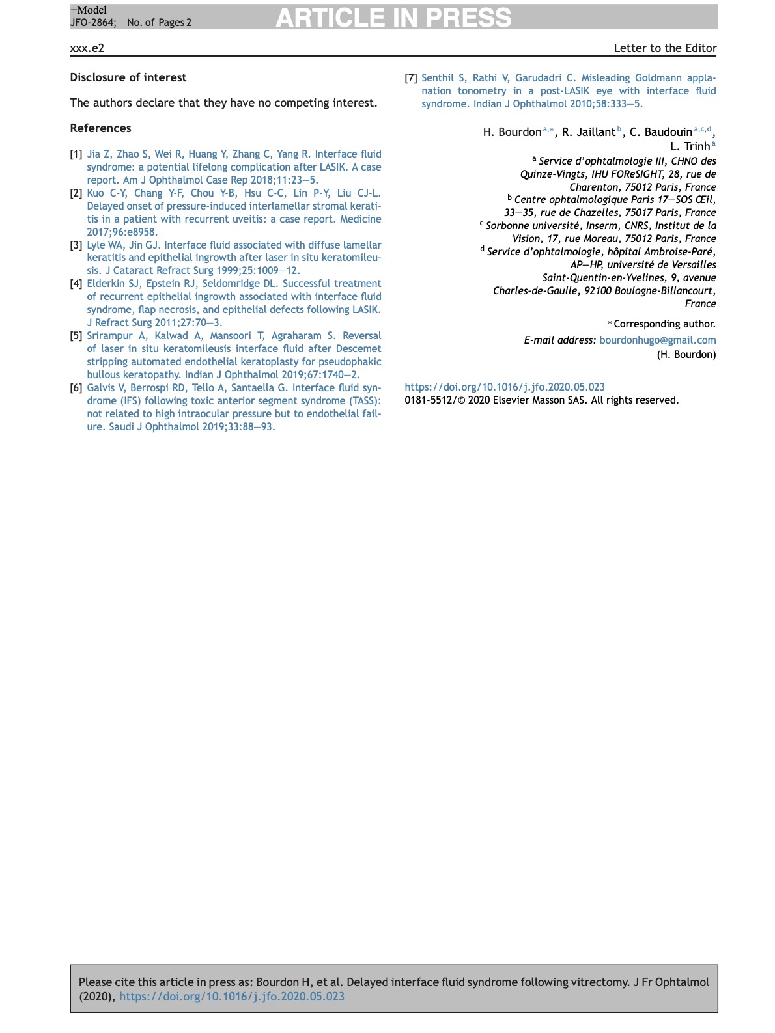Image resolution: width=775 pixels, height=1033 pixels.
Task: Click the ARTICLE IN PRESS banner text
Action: point(393,18)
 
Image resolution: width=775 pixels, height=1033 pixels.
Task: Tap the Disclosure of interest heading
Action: point(128,77)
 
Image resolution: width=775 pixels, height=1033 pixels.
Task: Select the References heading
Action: point(100,128)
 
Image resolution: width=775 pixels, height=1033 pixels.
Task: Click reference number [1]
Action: point(76,154)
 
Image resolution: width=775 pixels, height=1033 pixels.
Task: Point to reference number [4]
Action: point(76,284)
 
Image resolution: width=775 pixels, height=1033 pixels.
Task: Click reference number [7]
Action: point(410,78)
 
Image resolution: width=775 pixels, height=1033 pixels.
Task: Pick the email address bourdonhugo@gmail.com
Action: point(657,340)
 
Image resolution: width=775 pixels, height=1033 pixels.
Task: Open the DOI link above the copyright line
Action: point(505,387)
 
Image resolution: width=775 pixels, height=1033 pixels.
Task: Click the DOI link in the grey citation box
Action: point(232,997)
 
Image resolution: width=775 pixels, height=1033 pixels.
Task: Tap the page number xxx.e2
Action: point(87,48)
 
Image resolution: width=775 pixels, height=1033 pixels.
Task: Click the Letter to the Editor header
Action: point(665,48)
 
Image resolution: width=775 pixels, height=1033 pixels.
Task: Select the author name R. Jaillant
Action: point(588,132)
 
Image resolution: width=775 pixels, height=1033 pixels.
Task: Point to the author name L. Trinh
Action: point(690,146)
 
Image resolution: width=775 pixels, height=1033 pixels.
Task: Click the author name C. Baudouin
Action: point(660,132)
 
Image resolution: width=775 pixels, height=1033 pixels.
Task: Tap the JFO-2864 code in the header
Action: point(93,23)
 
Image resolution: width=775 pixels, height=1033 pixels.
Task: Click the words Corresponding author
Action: point(664,324)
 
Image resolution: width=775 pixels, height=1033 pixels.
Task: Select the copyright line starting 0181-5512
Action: point(541,400)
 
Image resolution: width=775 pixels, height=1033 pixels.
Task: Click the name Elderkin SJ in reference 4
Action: point(113,284)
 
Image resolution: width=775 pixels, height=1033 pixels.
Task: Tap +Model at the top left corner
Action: point(89,10)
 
